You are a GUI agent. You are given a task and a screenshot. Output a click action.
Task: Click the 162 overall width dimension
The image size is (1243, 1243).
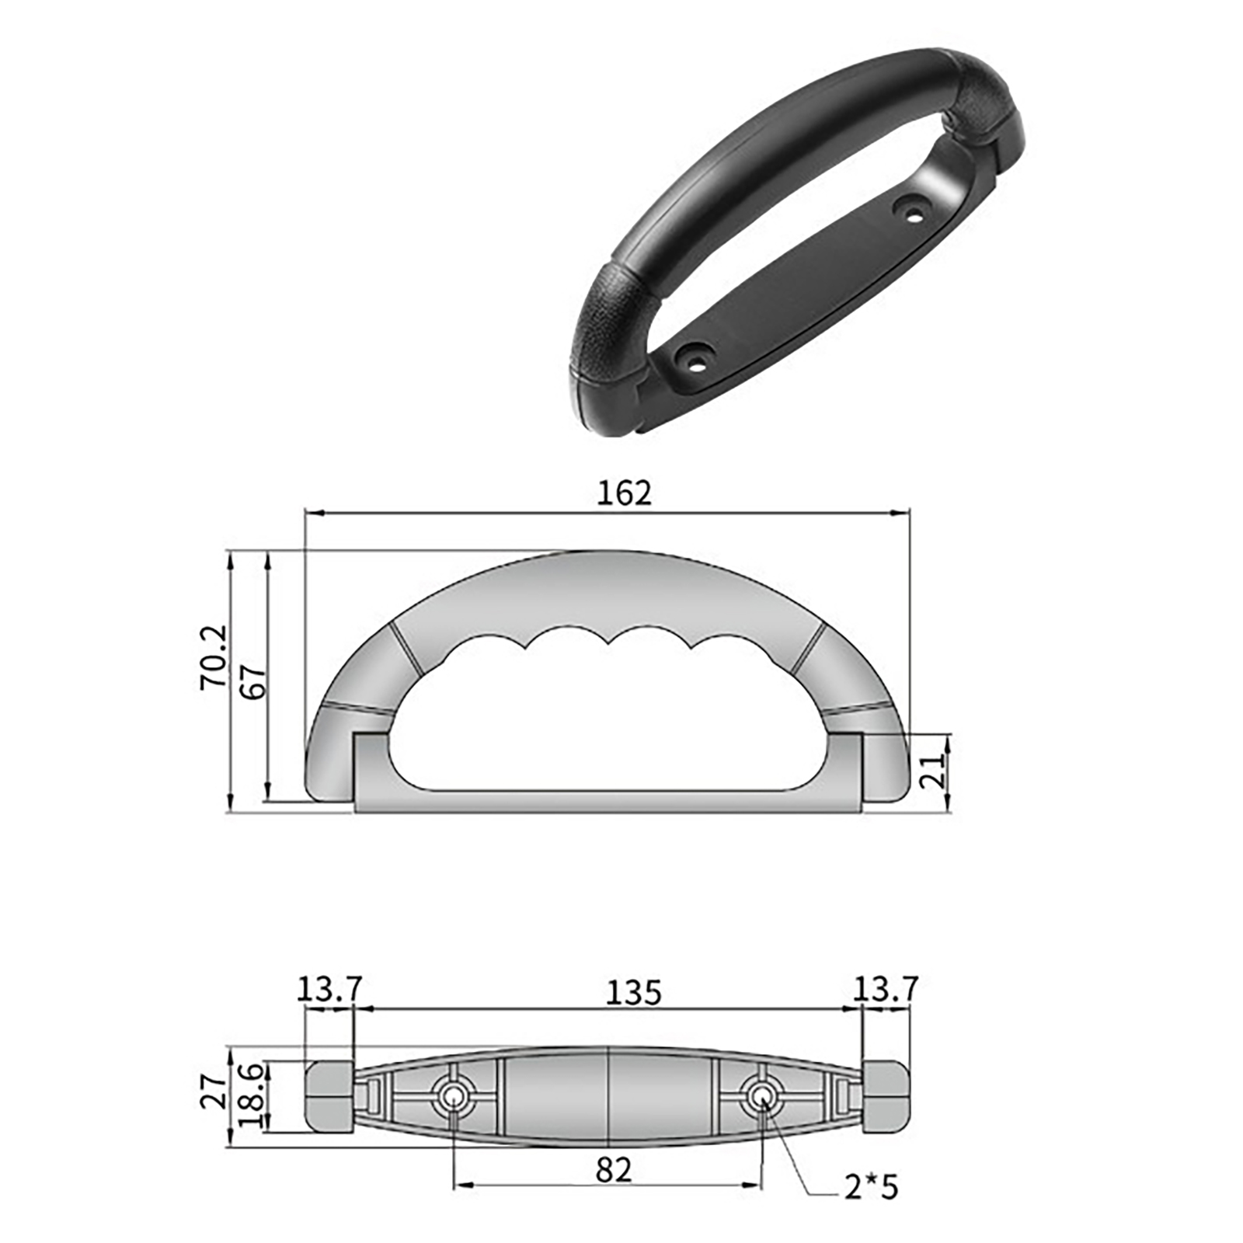[624, 493]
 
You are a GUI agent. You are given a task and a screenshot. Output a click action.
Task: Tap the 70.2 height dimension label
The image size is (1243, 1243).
[214, 657]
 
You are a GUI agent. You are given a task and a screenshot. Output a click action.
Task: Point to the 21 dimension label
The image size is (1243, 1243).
[934, 771]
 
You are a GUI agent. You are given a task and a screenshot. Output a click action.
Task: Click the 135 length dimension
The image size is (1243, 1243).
[633, 993]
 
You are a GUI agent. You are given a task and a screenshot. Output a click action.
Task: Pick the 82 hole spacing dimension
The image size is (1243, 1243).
[614, 1170]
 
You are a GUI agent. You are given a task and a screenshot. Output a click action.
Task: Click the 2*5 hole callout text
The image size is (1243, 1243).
[871, 1187]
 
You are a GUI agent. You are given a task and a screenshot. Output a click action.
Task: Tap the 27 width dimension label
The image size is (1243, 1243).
[214, 1090]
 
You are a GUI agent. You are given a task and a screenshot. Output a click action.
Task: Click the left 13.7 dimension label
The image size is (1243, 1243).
[329, 989]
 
